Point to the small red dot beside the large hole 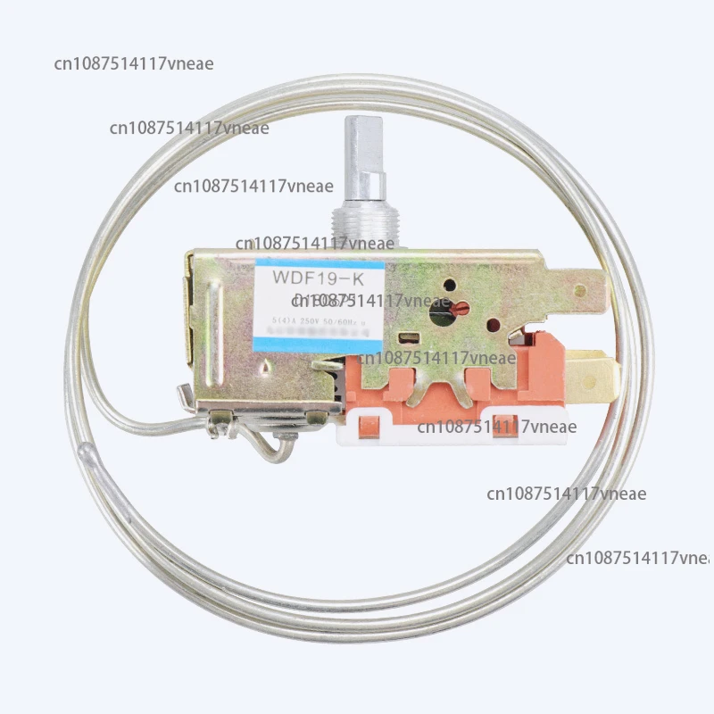point(462,308)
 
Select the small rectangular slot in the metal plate point(409,338)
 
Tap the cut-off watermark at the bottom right point(637,558)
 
